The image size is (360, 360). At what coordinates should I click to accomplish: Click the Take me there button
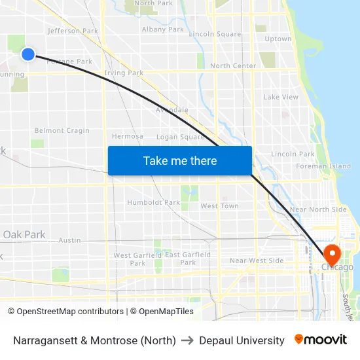pyautogui.click(x=180, y=160)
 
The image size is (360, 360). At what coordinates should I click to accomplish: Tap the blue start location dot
pyautogui.click(x=27, y=54)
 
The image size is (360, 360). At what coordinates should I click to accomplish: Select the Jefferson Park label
pyautogui.click(x=73, y=31)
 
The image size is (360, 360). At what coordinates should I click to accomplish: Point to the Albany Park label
pyautogui.click(x=163, y=29)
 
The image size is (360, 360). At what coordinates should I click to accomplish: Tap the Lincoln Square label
pyautogui.click(x=215, y=34)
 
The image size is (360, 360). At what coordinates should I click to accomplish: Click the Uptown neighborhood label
pyautogui.click(x=278, y=39)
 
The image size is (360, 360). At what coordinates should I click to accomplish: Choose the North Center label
pyautogui.click(x=233, y=66)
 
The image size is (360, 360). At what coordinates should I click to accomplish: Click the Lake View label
pyautogui.click(x=281, y=98)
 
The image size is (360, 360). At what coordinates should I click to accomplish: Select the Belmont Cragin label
pyautogui.click(x=62, y=131)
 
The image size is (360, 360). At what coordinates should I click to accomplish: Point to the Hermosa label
pyautogui.click(x=127, y=137)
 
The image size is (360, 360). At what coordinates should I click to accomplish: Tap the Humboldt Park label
pyautogui.click(x=153, y=203)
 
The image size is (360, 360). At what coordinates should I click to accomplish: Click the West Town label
pyautogui.click(x=219, y=206)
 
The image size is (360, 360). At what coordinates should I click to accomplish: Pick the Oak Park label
pyautogui.click(x=24, y=234)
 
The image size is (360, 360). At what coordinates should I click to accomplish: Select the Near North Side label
pyautogui.click(x=318, y=209)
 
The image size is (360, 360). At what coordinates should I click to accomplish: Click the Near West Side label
pyautogui.click(x=257, y=261)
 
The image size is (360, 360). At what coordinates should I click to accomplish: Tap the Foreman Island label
pyautogui.click(x=323, y=167)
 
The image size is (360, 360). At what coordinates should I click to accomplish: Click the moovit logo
pyautogui.click(x=320, y=340)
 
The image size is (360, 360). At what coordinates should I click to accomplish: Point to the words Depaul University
pyautogui.click(x=242, y=340)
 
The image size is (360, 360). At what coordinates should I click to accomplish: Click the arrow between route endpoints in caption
pyautogui.click(x=187, y=340)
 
